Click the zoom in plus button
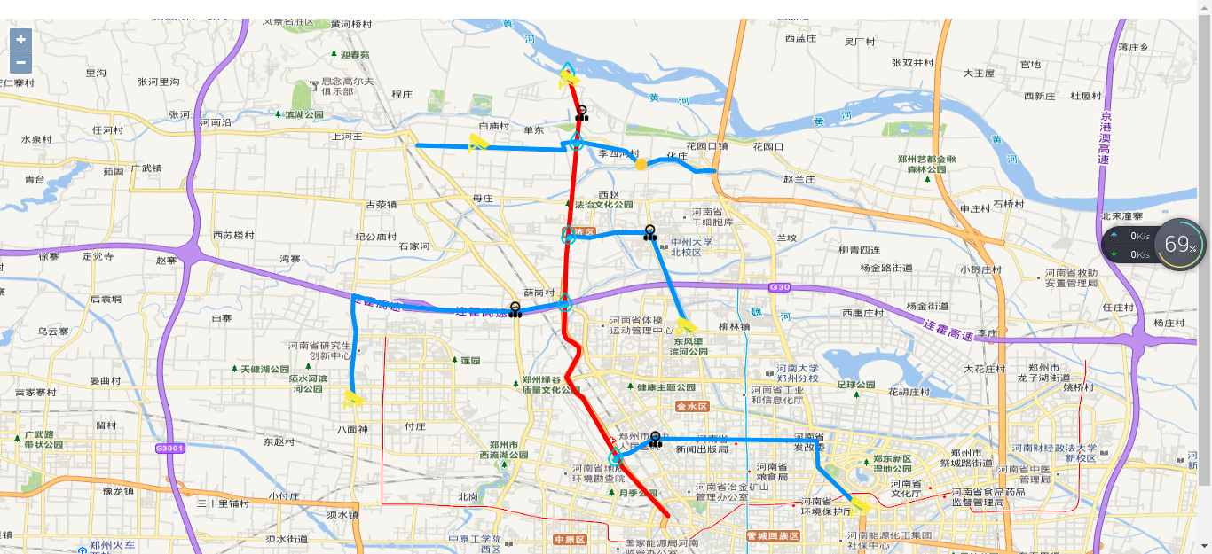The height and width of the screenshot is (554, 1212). point(20,40)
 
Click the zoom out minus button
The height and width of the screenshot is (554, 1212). point(20,63)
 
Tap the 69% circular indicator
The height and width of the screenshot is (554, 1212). point(1180,244)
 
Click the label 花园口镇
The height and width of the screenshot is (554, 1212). point(706,146)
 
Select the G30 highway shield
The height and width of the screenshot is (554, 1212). point(780,287)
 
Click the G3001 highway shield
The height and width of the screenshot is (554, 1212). point(169,449)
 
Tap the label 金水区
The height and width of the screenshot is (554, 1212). point(692,407)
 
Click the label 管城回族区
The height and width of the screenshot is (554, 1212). point(773,536)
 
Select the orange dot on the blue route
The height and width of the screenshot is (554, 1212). point(641,164)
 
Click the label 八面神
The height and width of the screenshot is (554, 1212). point(352,429)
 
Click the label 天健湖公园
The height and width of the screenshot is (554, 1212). point(265,369)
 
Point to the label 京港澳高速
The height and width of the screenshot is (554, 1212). point(1106,137)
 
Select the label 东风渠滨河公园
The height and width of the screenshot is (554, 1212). point(689,347)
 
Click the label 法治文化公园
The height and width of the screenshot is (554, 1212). point(604,205)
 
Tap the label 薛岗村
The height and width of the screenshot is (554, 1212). point(539,293)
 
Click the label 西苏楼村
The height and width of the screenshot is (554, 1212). point(233,236)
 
